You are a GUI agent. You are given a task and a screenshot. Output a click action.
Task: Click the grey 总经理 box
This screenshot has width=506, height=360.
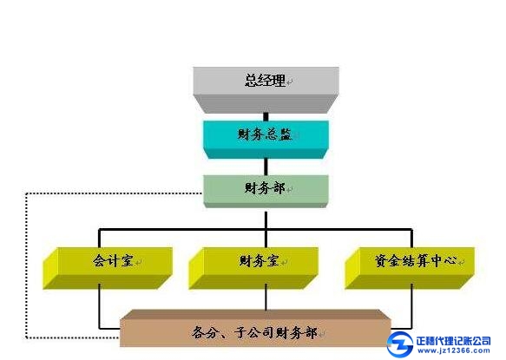266,90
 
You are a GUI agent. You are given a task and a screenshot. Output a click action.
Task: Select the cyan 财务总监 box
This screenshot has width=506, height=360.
266,140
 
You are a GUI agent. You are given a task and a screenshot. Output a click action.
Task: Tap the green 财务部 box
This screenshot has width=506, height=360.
266,192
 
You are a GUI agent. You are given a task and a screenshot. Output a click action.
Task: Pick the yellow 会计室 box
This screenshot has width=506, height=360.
108,268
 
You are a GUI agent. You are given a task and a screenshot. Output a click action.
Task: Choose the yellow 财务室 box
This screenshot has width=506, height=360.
253,268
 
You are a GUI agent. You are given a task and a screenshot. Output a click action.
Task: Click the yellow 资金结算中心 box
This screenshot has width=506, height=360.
410,268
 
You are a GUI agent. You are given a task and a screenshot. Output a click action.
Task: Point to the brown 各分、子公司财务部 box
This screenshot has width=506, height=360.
255,328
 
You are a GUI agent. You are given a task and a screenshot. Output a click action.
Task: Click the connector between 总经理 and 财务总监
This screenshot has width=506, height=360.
266,117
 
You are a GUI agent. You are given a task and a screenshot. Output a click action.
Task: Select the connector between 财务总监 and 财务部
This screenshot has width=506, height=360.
266,167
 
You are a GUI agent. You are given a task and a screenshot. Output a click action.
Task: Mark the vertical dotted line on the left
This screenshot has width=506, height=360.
26,265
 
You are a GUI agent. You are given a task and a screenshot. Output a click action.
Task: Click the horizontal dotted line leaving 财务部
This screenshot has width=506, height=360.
114,193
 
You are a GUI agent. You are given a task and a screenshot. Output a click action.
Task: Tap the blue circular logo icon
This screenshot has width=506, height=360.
400,344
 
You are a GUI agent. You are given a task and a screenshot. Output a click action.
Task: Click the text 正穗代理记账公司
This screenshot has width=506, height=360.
453,341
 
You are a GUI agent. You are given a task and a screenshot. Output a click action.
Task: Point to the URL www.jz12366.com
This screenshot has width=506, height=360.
453,350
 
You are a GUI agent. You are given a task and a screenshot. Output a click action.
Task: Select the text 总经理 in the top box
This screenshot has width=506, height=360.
266,80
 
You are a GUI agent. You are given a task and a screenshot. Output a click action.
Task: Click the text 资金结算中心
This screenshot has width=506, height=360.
416,260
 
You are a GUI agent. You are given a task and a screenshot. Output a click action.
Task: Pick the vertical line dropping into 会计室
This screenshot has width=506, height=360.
99,238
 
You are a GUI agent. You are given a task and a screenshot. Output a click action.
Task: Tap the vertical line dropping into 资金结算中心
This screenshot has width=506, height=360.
411,238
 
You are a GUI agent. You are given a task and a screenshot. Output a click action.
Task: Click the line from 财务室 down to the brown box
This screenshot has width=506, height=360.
266,297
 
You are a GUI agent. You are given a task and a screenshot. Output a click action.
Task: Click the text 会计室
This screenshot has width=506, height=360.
113,260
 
